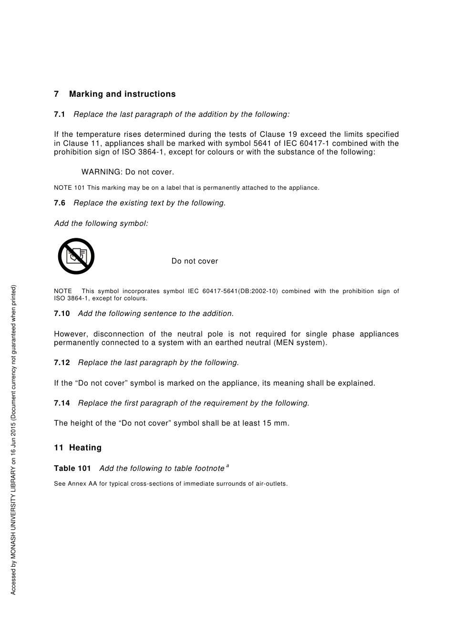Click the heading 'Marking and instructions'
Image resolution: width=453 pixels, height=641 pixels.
[122, 94]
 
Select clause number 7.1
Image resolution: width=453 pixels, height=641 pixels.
[59, 114]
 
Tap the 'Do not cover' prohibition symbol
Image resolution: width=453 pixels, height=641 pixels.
[76, 256]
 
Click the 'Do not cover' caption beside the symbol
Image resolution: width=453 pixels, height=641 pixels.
[195, 261]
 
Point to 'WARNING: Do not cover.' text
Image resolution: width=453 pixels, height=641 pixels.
[128, 172]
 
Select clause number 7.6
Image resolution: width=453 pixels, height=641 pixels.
[59, 203]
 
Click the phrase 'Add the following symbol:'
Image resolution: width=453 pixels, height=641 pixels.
[101, 224]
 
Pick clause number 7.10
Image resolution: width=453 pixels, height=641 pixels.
[62, 314]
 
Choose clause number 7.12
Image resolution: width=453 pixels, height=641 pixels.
[62, 363]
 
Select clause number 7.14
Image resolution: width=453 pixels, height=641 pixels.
[62, 403]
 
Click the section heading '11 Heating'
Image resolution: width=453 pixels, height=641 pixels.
[78, 448]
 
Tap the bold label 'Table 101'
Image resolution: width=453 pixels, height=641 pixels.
[72, 468]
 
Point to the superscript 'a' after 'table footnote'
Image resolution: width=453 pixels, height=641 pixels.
[227, 466]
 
